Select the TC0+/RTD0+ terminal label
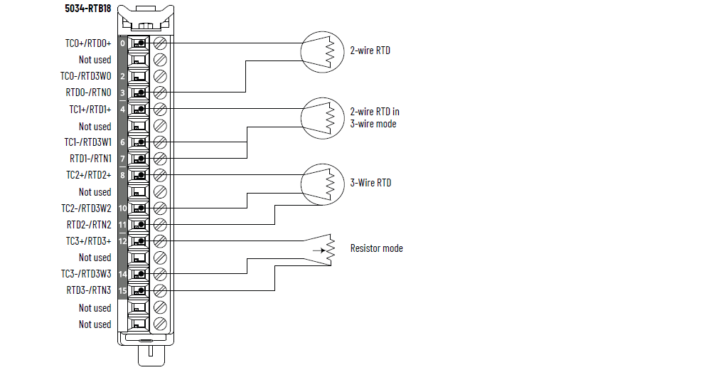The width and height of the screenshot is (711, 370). (88, 43)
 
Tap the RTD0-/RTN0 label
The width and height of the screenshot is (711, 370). (89, 92)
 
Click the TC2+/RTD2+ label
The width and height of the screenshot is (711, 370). (88, 175)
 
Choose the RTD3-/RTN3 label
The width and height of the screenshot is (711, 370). (89, 290)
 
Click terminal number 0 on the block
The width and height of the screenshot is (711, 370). (122, 43)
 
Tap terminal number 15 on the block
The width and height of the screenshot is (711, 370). (122, 290)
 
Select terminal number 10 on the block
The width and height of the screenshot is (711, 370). (122, 208)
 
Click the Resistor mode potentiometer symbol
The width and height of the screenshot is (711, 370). (326, 250)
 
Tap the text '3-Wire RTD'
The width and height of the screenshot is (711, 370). (370, 183)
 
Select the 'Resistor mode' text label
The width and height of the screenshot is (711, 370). (376, 248)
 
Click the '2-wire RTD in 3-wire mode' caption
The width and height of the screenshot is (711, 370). (375, 117)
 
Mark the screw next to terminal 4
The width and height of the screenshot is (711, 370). (160, 109)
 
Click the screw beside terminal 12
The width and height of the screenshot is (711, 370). (160, 240)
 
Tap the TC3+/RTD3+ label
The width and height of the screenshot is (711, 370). (88, 240)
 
